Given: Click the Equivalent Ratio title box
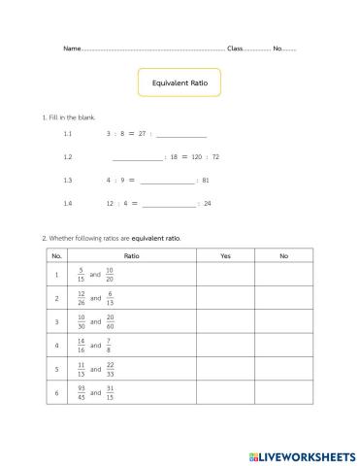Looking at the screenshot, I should (180, 83).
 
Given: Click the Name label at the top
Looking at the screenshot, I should (72, 48).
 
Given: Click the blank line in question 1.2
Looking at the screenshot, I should (138, 156).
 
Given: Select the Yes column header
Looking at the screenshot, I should (225, 256).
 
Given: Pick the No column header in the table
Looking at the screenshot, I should (283, 256).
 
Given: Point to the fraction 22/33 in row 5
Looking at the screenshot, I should (110, 369).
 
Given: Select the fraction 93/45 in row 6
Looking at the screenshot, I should (82, 392).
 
